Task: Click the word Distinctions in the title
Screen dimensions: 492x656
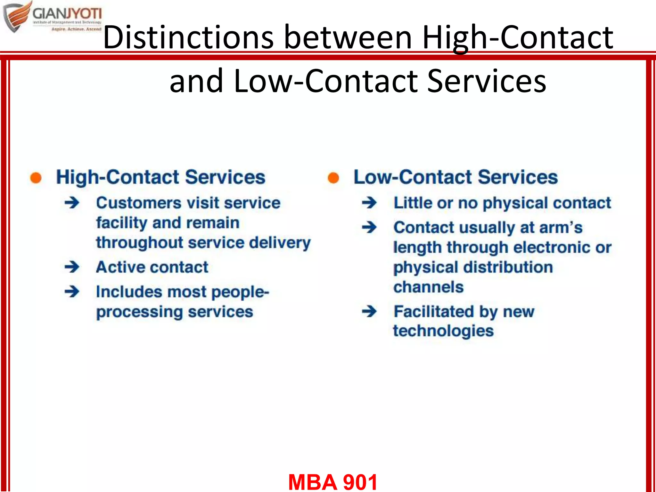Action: (x=188, y=37)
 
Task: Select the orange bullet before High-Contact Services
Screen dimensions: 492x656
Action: (x=36, y=178)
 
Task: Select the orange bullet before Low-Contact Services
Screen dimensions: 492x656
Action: (x=333, y=178)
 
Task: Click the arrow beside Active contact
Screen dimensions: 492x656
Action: (x=72, y=267)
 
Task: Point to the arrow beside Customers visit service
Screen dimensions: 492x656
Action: (x=72, y=203)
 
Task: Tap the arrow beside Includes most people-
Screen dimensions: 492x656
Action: (x=72, y=291)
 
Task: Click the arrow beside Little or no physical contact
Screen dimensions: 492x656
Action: (x=370, y=203)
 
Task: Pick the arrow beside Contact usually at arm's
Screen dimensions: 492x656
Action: (x=370, y=227)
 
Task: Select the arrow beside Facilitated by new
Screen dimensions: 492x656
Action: (x=370, y=311)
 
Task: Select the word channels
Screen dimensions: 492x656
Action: (x=428, y=287)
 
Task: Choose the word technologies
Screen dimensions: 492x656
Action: (x=443, y=331)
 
